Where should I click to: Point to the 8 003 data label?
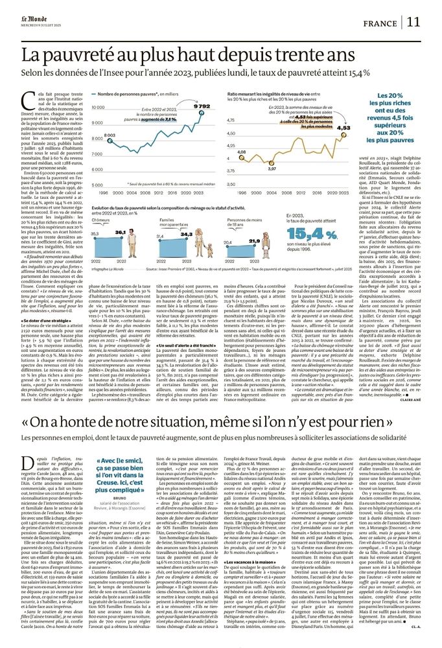pos(110,135)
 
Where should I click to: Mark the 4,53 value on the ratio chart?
pos(344,128)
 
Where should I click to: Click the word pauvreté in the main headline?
pos(80,54)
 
